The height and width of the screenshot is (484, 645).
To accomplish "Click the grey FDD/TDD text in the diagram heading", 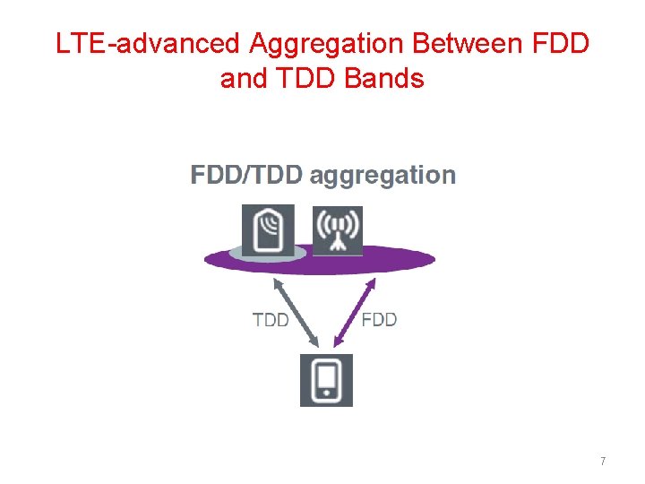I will coord(246,176).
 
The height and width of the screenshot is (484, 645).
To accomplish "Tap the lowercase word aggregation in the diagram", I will coord(383,176).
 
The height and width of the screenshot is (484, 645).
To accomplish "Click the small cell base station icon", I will coord(269,230).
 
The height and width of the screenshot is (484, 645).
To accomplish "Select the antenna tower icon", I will coord(338,230).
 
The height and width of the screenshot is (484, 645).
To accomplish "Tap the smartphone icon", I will coord(326,380).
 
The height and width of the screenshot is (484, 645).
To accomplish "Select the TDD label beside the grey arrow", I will coord(270,320).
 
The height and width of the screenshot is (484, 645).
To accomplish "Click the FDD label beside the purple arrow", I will coord(379,320).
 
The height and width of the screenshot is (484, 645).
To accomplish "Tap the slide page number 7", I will coord(603,461).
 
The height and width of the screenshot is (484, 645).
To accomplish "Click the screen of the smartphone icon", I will coord(326,377).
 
